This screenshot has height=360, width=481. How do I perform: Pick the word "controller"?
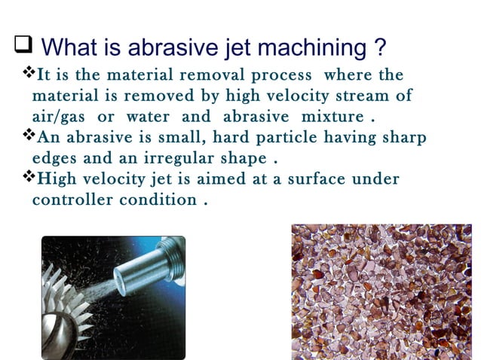pyautogui.click(x=72, y=200)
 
